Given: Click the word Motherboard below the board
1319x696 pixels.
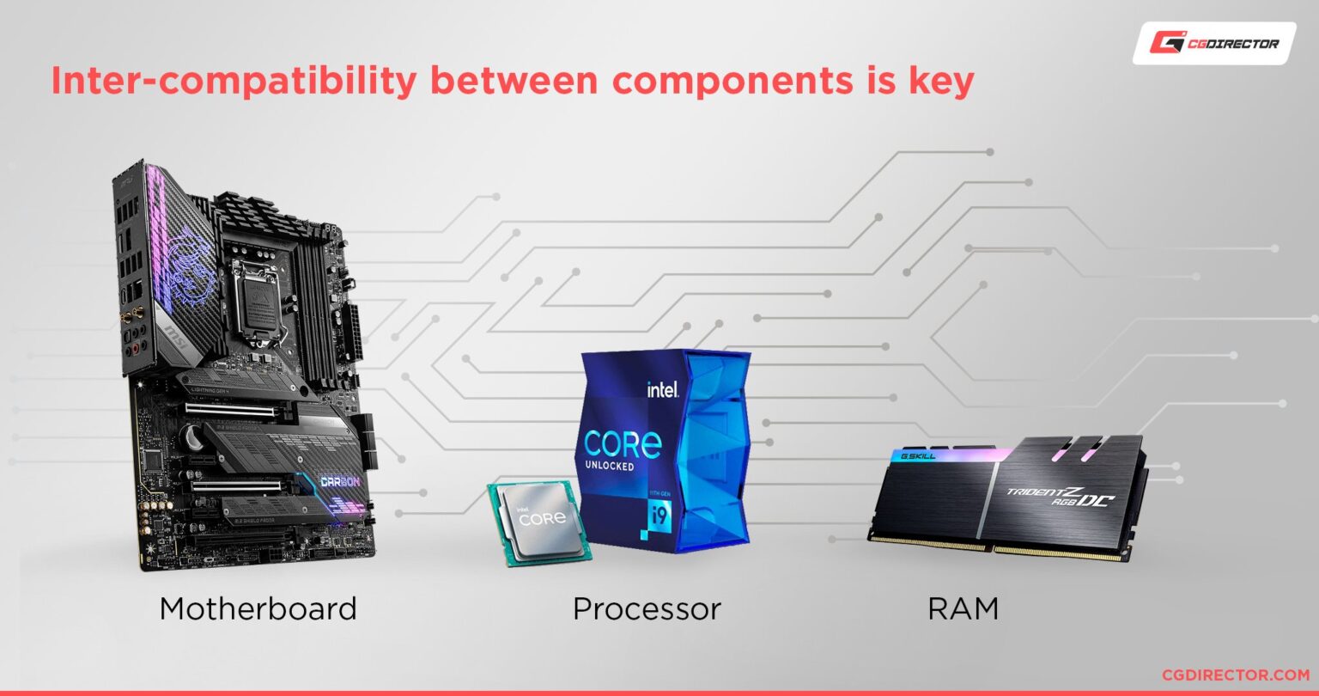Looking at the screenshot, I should pyautogui.click(x=258, y=609).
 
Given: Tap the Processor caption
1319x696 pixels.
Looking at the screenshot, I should pyautogui.click(x=647, y=609).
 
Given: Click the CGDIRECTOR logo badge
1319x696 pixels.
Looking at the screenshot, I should pyautogui.click(x=1214, y=43).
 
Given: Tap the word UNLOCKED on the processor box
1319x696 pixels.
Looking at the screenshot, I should pyautogui.click(x=610, y=467).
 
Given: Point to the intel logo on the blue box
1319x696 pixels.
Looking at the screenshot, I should pyautogui.click(x=662, y=388).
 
